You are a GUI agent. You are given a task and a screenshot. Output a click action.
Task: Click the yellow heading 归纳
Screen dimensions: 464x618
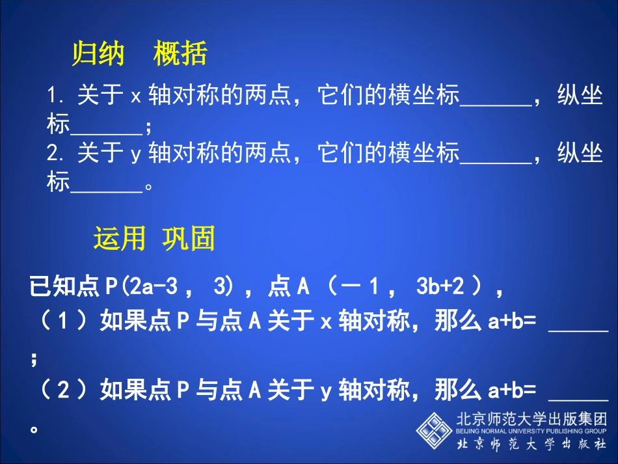[x=98, y=55]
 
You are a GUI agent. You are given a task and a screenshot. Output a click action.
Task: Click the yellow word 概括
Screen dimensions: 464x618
[x=180, y=55]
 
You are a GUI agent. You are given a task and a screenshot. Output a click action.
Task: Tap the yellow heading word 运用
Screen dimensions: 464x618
[x=119, y=239]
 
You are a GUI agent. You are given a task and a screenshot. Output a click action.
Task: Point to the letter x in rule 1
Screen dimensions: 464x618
[x=136, y=98]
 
